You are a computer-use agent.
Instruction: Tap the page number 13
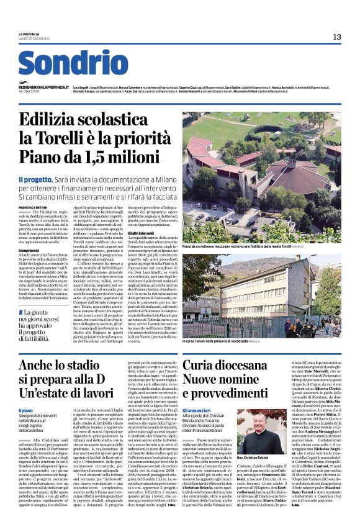click(336, 37)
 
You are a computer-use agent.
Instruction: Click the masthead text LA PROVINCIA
click(29, 34)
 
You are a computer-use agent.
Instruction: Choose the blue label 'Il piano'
click(25, 411)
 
